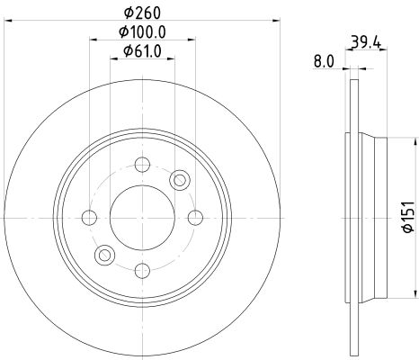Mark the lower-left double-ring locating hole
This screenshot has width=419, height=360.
tap(106, 254)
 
